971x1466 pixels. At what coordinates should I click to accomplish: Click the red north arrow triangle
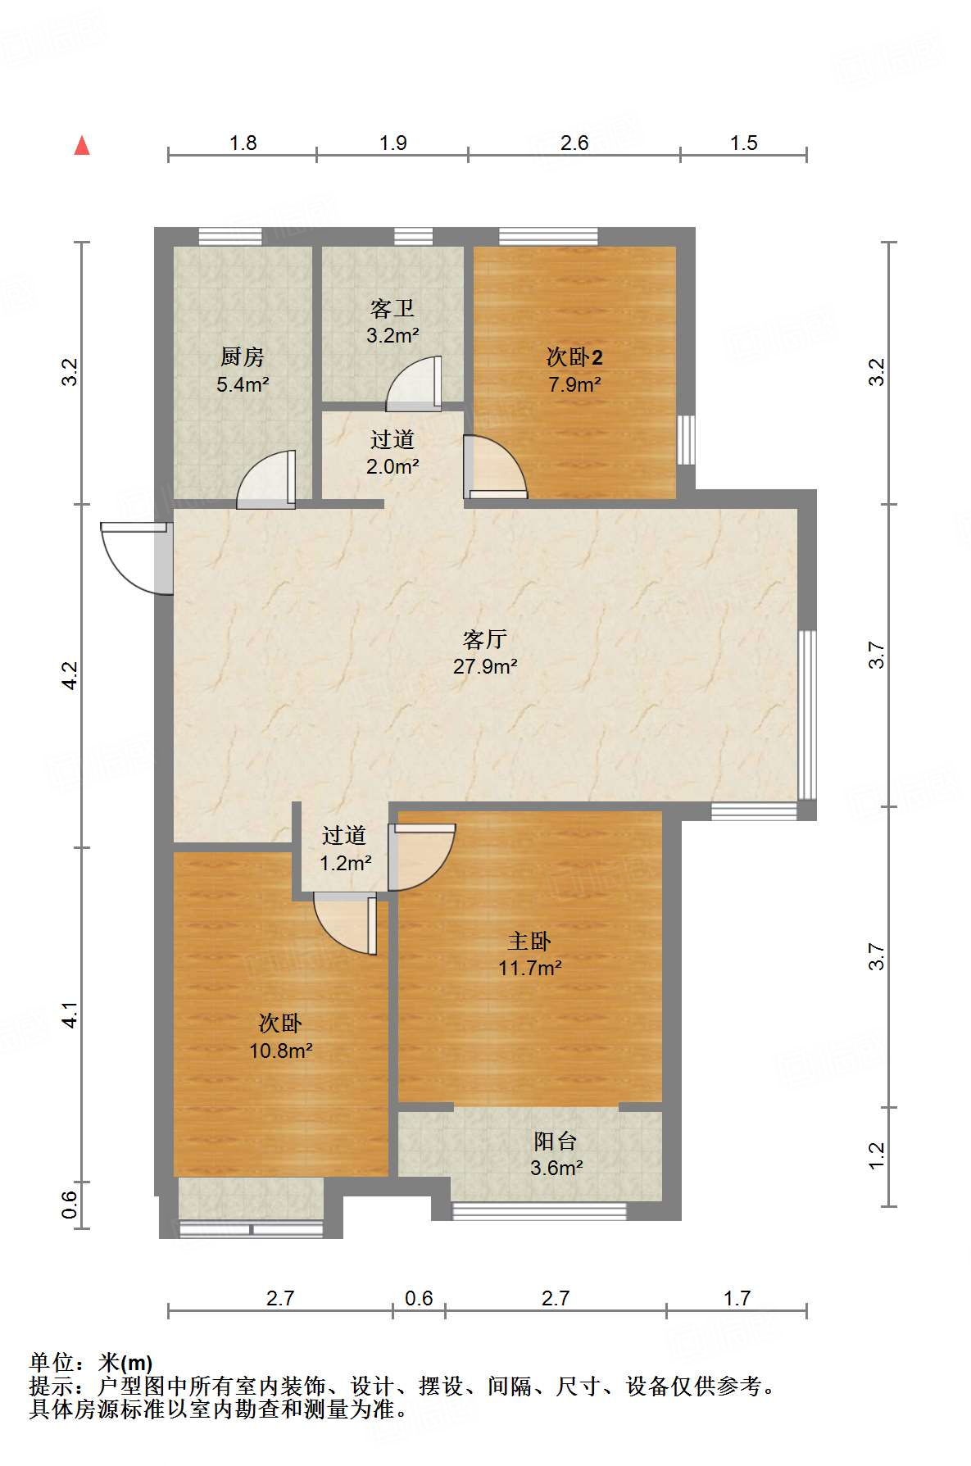click(x=82, y=146)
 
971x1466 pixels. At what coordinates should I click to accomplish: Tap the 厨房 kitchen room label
click(x=243, y=357)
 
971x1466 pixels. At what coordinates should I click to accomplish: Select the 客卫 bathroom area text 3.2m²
click(x=392, y=336)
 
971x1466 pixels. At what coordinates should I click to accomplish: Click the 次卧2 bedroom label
click(x=574, y=357)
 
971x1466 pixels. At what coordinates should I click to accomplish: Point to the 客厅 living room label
click(x=485, y=639)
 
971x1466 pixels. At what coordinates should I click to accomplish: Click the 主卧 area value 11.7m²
click(x=530, y=969)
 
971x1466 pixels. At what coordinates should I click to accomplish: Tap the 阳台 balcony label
click(x=556, y=1141)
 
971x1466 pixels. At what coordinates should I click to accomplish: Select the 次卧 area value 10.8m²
click(x=281, y=1051)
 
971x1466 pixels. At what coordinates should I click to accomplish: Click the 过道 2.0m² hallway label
click(x=392, y=440)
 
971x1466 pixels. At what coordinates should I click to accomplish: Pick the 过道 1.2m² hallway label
click(x=344, y=836)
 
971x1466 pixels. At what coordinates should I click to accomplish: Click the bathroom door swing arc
click(x=412, y=384)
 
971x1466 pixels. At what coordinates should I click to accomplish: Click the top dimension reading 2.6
click(x=574, y=143)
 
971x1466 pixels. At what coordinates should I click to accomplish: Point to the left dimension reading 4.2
click(x=70, y=675)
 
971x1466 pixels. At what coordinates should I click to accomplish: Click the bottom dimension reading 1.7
click(x=737, y=1299)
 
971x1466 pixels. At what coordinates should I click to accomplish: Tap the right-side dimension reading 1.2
click(x=877, y=1156)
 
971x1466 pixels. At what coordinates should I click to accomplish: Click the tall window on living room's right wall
click(x=807, y=714)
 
